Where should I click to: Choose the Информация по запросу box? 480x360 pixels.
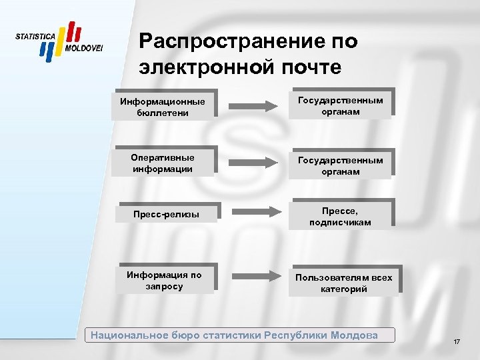(x=164, y=281)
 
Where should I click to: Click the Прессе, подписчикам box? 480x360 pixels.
(x=340, y=215)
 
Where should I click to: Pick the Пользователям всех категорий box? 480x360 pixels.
(x=343, y=283)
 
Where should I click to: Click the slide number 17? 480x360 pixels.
(x=456, y=342)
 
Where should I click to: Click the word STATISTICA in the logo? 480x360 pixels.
(x=35, y=35)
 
